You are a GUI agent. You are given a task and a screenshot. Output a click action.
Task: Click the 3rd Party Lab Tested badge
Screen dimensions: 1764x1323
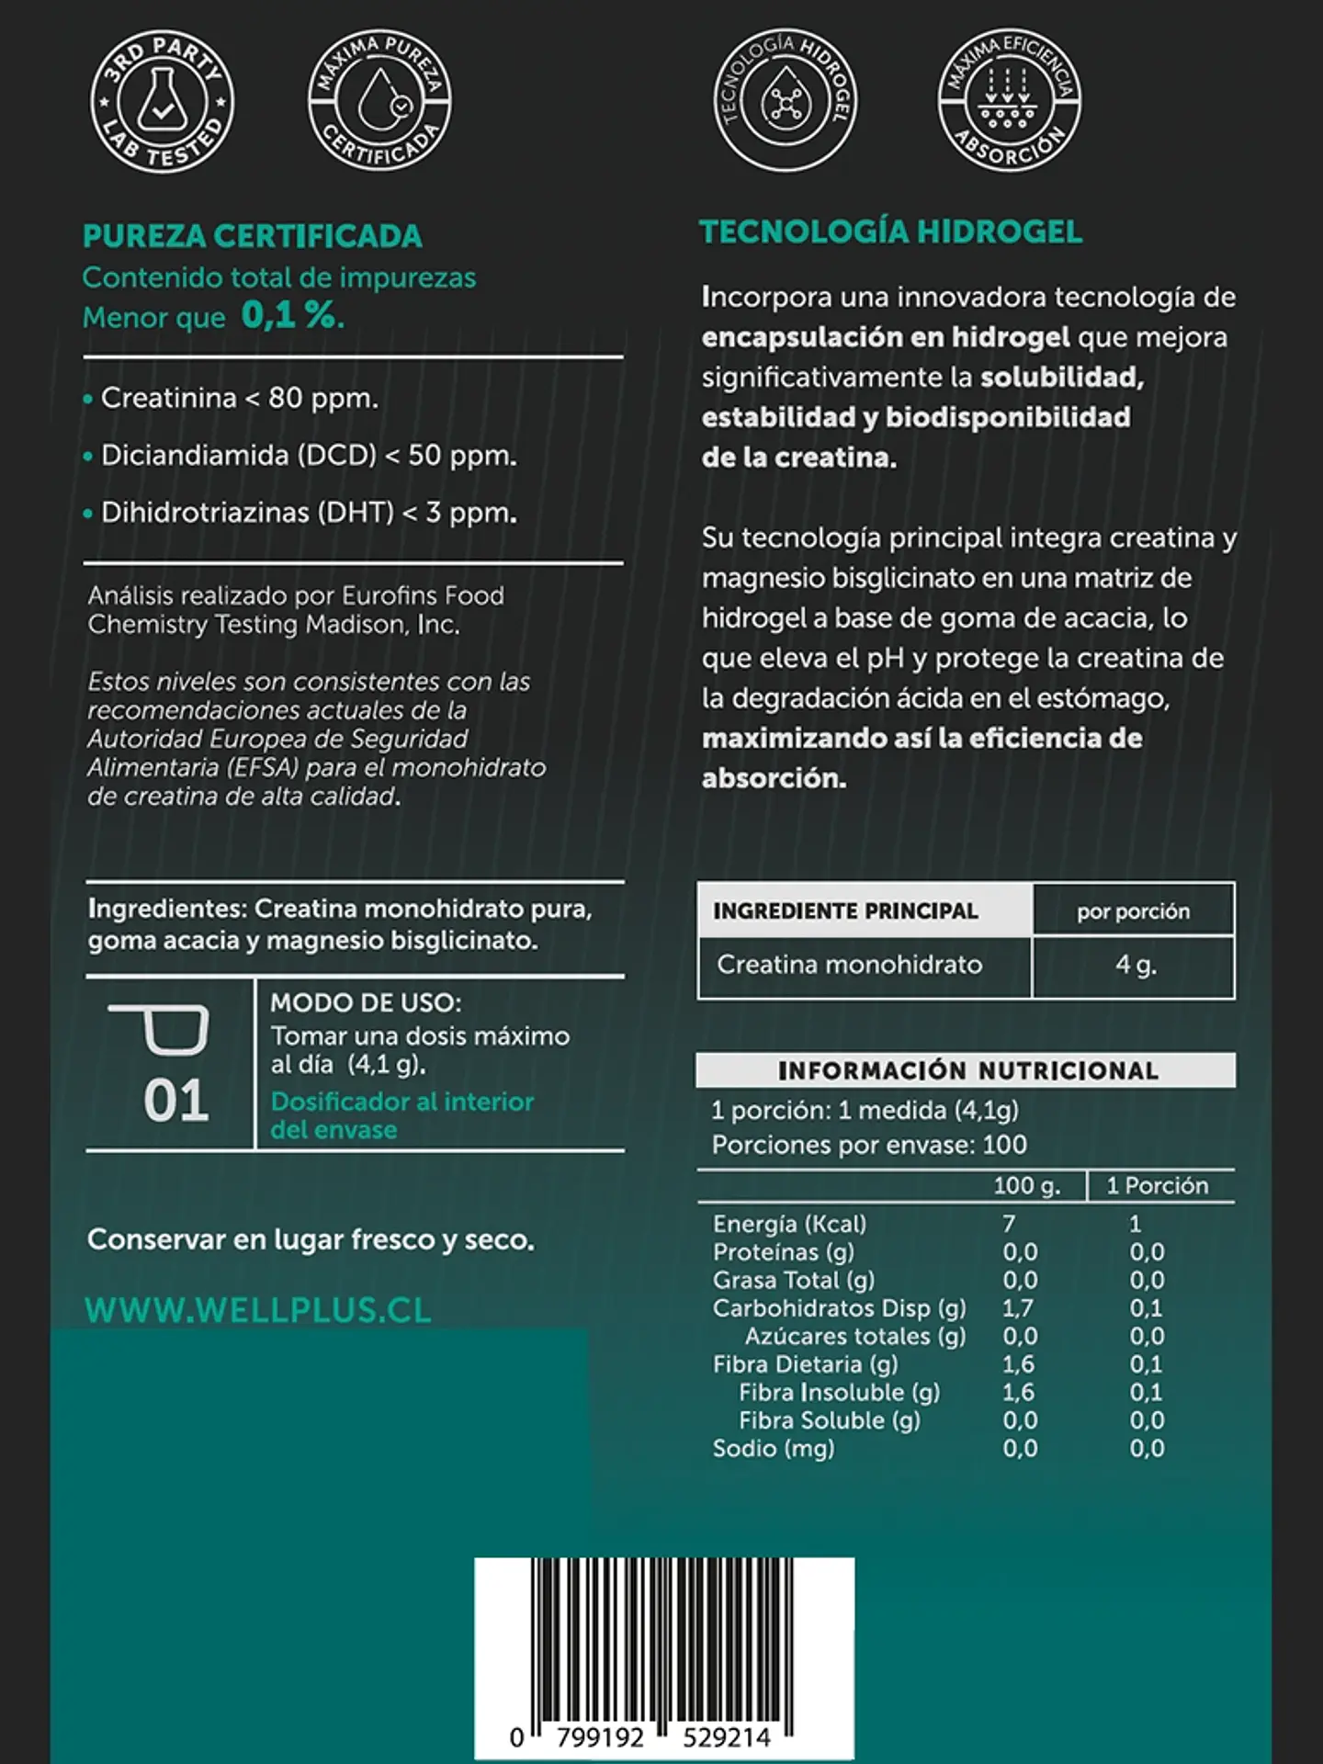(x=162, y=101)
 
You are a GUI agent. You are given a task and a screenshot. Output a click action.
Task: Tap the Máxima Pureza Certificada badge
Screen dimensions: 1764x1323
(x=379, y=101)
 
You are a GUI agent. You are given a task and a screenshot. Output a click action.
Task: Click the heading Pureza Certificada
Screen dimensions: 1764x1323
(x=253, y=236)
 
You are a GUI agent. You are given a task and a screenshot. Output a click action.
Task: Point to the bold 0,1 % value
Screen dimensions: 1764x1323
(x=293, y=316)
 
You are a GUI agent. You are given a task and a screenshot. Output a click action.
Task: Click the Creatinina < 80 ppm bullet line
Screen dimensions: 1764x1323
(x=239, y=398)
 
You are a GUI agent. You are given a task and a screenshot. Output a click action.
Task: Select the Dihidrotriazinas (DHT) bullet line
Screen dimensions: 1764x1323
(x=308, y=512)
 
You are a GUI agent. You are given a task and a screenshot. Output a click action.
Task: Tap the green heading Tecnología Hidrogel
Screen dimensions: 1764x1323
(x=890, y=232)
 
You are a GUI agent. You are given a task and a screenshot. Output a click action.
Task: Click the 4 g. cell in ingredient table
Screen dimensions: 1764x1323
(x=1135, y=966)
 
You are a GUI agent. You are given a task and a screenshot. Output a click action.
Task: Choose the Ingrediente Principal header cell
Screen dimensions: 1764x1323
(x=845, y=910)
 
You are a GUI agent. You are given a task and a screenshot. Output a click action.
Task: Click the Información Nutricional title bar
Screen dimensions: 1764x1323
(x=967, y=1070)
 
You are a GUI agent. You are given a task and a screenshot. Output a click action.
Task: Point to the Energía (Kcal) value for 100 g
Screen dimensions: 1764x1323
(x=1009, y=1224)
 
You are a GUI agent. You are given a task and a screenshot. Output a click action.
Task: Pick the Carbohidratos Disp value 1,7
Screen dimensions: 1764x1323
(x=1018, y=1307)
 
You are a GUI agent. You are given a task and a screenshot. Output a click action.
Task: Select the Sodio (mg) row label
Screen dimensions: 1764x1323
(x=774, y=1448)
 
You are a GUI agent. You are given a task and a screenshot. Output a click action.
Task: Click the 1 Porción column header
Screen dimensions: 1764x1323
(x=1157, y=1185)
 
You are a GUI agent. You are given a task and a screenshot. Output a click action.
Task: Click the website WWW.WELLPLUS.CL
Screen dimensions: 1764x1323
(x=258, y=1310)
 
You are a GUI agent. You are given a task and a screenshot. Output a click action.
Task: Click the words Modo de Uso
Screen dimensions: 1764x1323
(x=366, y=1002)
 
